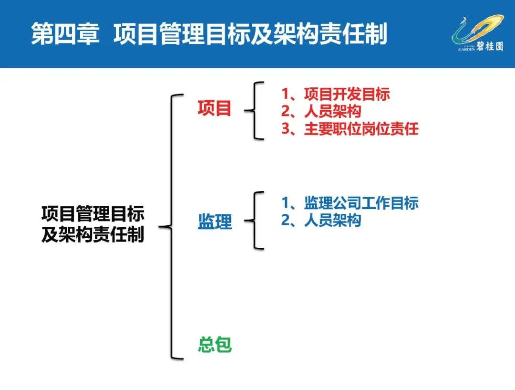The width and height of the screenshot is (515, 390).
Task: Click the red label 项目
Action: coord(215,109)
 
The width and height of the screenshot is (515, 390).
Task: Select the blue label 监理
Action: coord(215,221)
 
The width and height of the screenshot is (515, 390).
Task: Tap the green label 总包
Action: coord(215,345)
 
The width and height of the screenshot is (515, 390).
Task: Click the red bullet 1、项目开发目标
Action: coord(335,94)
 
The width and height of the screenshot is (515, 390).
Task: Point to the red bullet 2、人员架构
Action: coord(321,111)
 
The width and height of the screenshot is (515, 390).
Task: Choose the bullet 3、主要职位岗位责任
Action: coord(350,129)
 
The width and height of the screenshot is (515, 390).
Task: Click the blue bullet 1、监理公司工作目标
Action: coord(350,203)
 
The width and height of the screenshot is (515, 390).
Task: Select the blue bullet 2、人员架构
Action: coord(321,220)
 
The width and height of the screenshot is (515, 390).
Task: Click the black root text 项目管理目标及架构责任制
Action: coord(93,224)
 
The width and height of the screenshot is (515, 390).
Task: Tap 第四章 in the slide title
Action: coord(65,35)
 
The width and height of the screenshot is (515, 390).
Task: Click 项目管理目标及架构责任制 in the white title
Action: coord(250,35)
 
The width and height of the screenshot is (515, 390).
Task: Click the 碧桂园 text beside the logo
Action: coord(489,46)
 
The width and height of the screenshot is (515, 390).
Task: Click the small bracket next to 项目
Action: coord(255,111)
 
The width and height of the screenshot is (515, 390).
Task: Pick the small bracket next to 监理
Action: coord(255,221)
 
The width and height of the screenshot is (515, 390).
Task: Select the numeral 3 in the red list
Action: coord(286,129)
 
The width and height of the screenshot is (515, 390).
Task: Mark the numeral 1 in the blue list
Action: coord(286,203)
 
